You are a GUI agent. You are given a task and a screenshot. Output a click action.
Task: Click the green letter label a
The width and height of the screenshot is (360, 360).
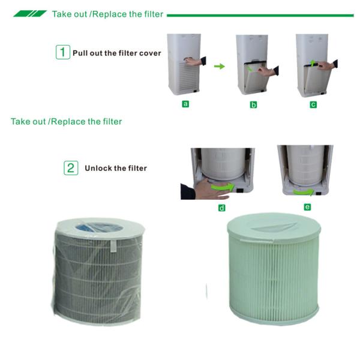click(185, 104)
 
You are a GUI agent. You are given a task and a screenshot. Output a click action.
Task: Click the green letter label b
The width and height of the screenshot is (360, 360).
click(253, 104)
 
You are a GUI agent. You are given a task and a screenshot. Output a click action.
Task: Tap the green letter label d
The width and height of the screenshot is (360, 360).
click(222, 207)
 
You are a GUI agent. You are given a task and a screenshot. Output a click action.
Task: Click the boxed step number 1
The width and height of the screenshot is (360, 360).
click(63, 52)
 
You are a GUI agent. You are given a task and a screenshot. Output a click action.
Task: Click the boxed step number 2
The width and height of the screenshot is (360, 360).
click(71, 167)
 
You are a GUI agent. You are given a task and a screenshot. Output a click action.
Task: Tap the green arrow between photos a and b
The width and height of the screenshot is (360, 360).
click(219, 66)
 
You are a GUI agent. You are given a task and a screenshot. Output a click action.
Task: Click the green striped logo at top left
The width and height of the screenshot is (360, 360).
click(29, 13)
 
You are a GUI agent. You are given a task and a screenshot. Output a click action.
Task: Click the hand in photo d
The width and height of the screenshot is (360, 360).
click(200, 190)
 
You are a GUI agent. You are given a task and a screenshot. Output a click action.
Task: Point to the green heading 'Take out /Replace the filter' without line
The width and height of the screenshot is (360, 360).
click(66, 122)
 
